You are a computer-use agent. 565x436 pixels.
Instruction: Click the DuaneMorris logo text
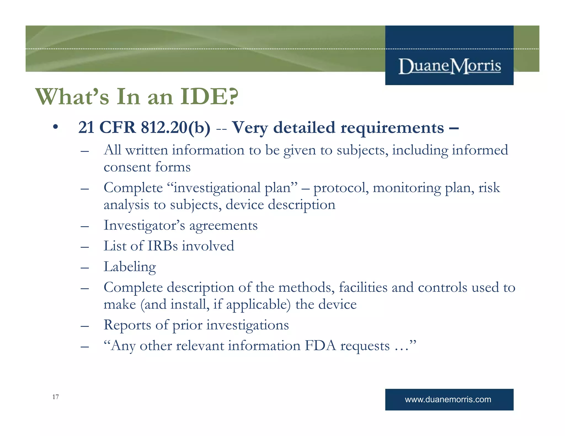[x=449, y=66]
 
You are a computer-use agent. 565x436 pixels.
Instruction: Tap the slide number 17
[x=55, y=397]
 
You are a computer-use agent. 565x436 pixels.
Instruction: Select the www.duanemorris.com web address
[x=448, y=399]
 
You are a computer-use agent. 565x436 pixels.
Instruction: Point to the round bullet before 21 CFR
[x=56, y=127]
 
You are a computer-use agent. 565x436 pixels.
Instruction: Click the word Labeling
[x=130, y=267]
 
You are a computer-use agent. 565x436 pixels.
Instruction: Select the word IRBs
[x=162, y=246]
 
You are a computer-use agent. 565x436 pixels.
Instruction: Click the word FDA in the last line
[x=320, y=346]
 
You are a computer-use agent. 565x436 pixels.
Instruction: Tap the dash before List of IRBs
[x=85, y=246]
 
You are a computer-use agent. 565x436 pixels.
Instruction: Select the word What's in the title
[x=72, y=97]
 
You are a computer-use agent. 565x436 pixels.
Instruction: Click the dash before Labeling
[x=85, y=267]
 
